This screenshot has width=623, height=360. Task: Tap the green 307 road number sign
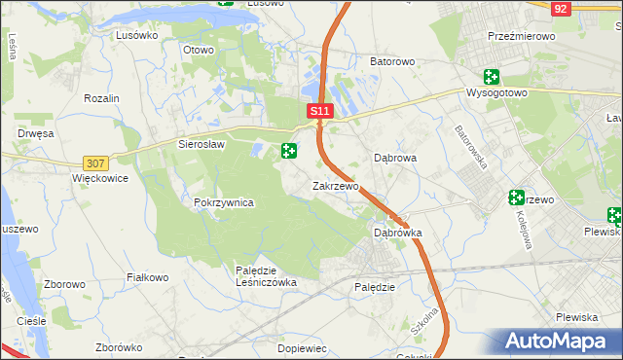pyautogui.click(x=95, y=163)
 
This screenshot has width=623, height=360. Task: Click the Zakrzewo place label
pyautogui.click(x=336, y=185)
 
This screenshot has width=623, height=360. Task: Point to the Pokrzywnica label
pyautogui.click(x=224, y=202)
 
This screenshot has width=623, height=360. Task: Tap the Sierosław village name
pyautogui.click(x=202, y=144)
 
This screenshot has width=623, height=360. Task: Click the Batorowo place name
pyautogui.click(x=392, y=61)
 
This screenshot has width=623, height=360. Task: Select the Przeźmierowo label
pyautogui.click(x=521, y=36)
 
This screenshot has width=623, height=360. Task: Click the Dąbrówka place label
pyautogui.click(x=398, y=234)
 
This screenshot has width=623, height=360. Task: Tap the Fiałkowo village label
pyautogui.click(x=148, y=277)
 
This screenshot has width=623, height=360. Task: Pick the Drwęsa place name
pyautogui.click(x=34, y=133)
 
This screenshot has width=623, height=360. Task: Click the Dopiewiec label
pyautogui.click(x=301, y=347)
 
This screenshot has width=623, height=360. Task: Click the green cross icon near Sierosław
pyautogui.click(x=289, y=151)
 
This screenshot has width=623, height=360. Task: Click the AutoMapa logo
pyautogui.click(x=559, y=342)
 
